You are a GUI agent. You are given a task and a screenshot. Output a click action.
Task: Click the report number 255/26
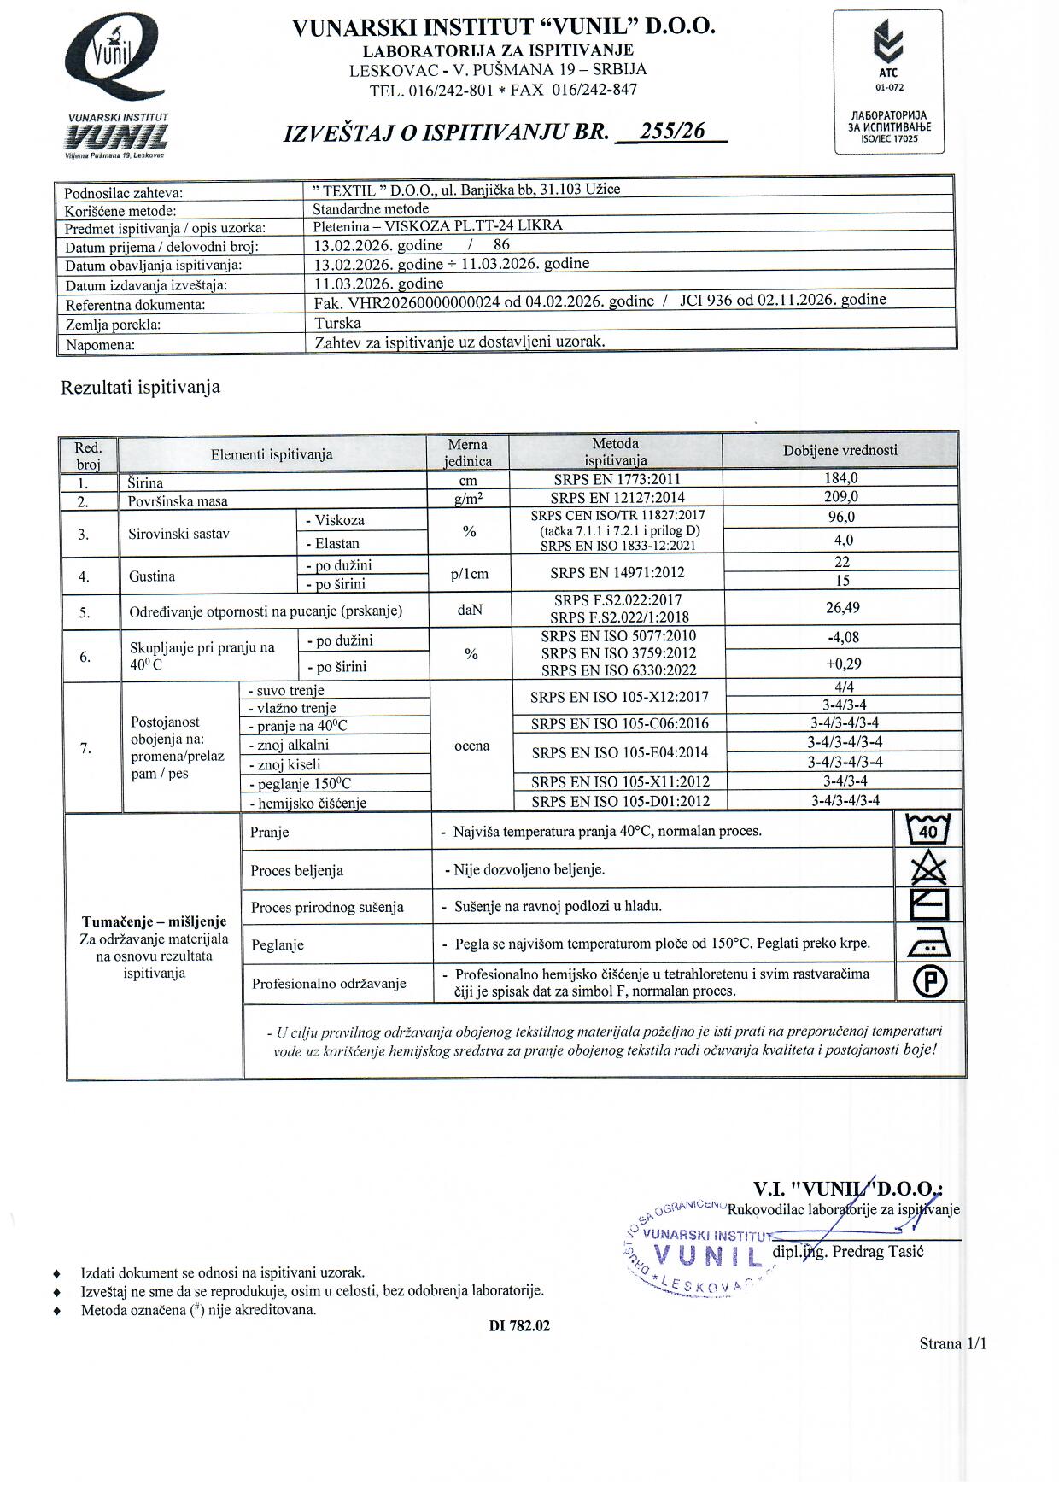click(673, 132)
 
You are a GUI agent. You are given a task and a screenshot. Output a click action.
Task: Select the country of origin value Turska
click(337, 323)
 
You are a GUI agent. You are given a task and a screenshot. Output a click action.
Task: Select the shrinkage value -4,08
click(843, 637)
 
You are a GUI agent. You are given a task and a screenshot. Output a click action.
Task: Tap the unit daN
click(469, 611)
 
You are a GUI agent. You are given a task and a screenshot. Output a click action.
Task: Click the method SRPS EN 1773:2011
click(617, 480)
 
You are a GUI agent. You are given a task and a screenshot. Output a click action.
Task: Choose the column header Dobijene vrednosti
click(840, 450)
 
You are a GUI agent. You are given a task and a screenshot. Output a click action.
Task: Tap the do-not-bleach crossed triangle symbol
click(929, 868)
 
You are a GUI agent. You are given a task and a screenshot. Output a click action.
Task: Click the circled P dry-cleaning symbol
click(930, 982)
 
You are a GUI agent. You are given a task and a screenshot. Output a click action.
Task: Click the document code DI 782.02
click(519, 1326)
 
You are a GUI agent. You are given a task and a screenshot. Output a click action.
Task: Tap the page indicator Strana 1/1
click(952, 1344)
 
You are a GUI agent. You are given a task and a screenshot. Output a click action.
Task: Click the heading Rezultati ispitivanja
click(140, 387)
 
